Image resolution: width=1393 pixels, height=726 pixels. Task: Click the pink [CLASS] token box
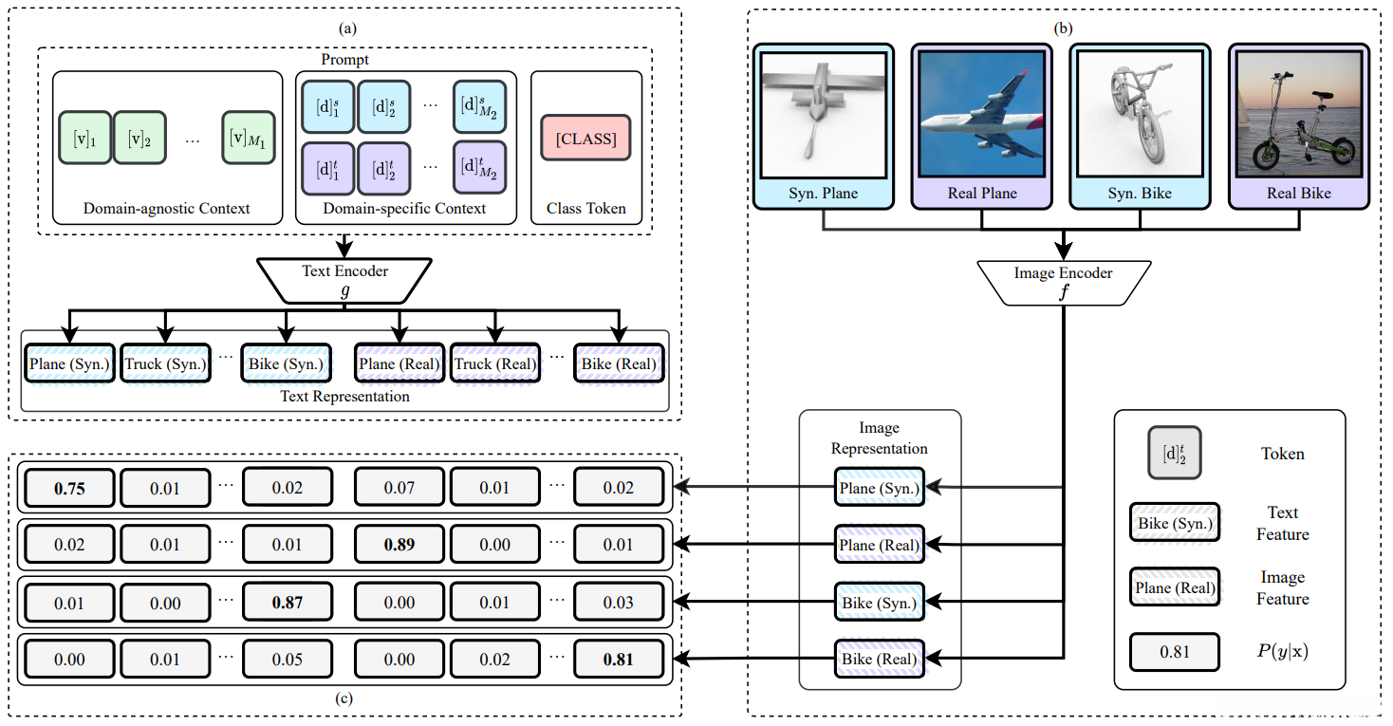point(585,139)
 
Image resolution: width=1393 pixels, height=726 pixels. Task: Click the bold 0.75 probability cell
point(69,489)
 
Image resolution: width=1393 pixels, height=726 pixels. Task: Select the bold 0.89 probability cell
point(399,545)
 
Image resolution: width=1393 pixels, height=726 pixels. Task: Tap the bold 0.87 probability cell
point(287,602)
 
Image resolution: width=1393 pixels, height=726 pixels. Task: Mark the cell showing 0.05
point(287,659)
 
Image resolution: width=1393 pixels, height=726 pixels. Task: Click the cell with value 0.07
point(399,489)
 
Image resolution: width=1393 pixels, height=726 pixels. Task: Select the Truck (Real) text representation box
point(494,364)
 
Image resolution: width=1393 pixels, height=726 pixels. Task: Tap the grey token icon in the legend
point(1174,453)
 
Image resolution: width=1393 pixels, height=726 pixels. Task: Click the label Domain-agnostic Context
point(167,209)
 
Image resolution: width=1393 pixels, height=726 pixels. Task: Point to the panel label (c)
point(344,699)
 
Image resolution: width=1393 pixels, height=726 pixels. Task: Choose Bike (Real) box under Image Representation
point(879,659)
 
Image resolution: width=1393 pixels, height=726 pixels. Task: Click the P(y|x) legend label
point(1282,653)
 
